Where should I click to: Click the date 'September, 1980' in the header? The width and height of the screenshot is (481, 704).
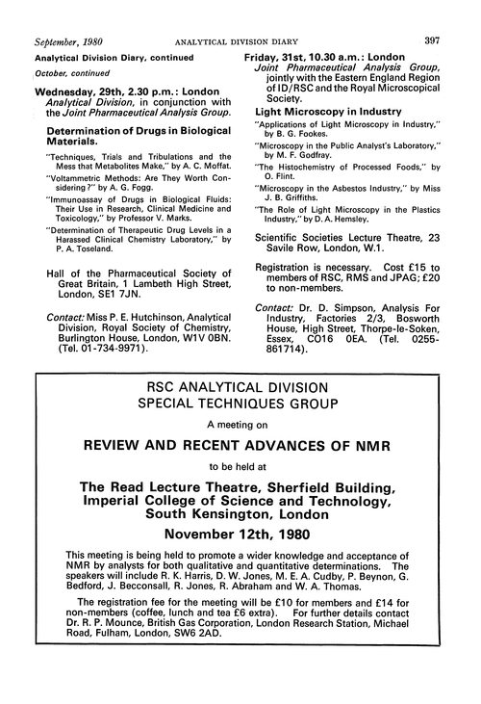(60, 13)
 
